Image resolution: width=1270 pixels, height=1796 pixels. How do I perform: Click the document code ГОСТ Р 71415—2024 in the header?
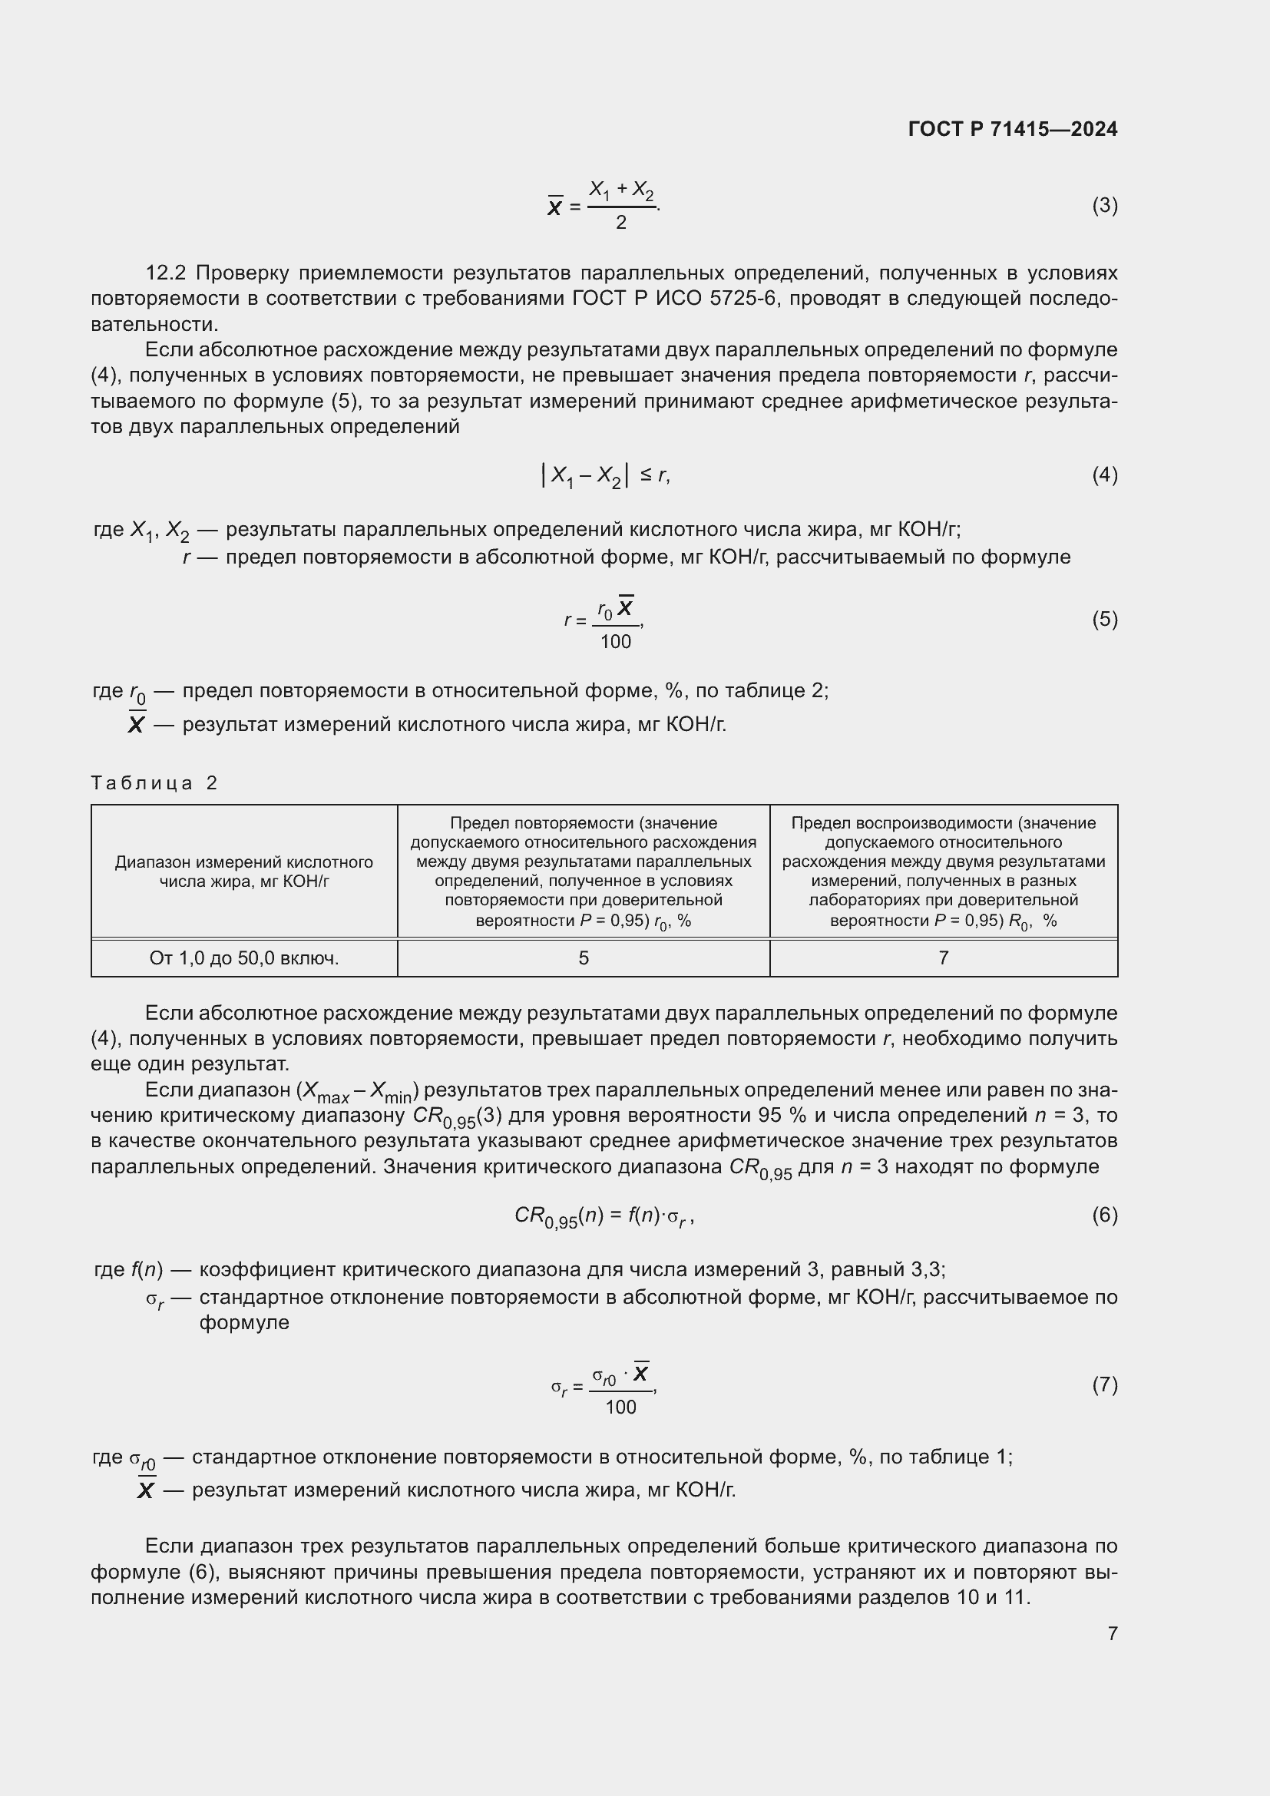coord(1013,129)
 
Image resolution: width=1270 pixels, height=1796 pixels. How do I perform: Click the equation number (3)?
coord(1104,206)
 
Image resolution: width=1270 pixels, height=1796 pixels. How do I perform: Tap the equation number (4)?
coord(1104,475)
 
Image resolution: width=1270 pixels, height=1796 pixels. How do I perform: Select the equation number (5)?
coord(1104,620)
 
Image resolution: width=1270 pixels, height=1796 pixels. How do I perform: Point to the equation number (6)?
coord(1104,1215)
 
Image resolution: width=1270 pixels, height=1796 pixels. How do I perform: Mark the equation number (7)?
coord(1104,1385)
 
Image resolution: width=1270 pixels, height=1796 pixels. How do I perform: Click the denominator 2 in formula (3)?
coord(621,223)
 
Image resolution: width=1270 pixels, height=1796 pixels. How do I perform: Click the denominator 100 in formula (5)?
coord(616,642)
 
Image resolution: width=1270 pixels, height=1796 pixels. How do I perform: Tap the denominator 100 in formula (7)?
coord(621,1408)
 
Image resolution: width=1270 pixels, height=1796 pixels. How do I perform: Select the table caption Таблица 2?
coord(154,783)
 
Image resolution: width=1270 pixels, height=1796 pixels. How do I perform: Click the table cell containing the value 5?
coord(584,958)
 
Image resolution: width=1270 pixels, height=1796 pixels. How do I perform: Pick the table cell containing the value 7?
coord(943,958)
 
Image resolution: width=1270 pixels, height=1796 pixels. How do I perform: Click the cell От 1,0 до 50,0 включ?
coord(244,958)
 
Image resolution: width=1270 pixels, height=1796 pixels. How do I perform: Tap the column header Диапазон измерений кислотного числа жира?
coord(244,872)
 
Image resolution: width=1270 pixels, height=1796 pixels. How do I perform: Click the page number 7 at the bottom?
coord(1112,1633)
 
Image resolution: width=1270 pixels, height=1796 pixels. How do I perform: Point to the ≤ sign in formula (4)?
coord(646,474)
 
